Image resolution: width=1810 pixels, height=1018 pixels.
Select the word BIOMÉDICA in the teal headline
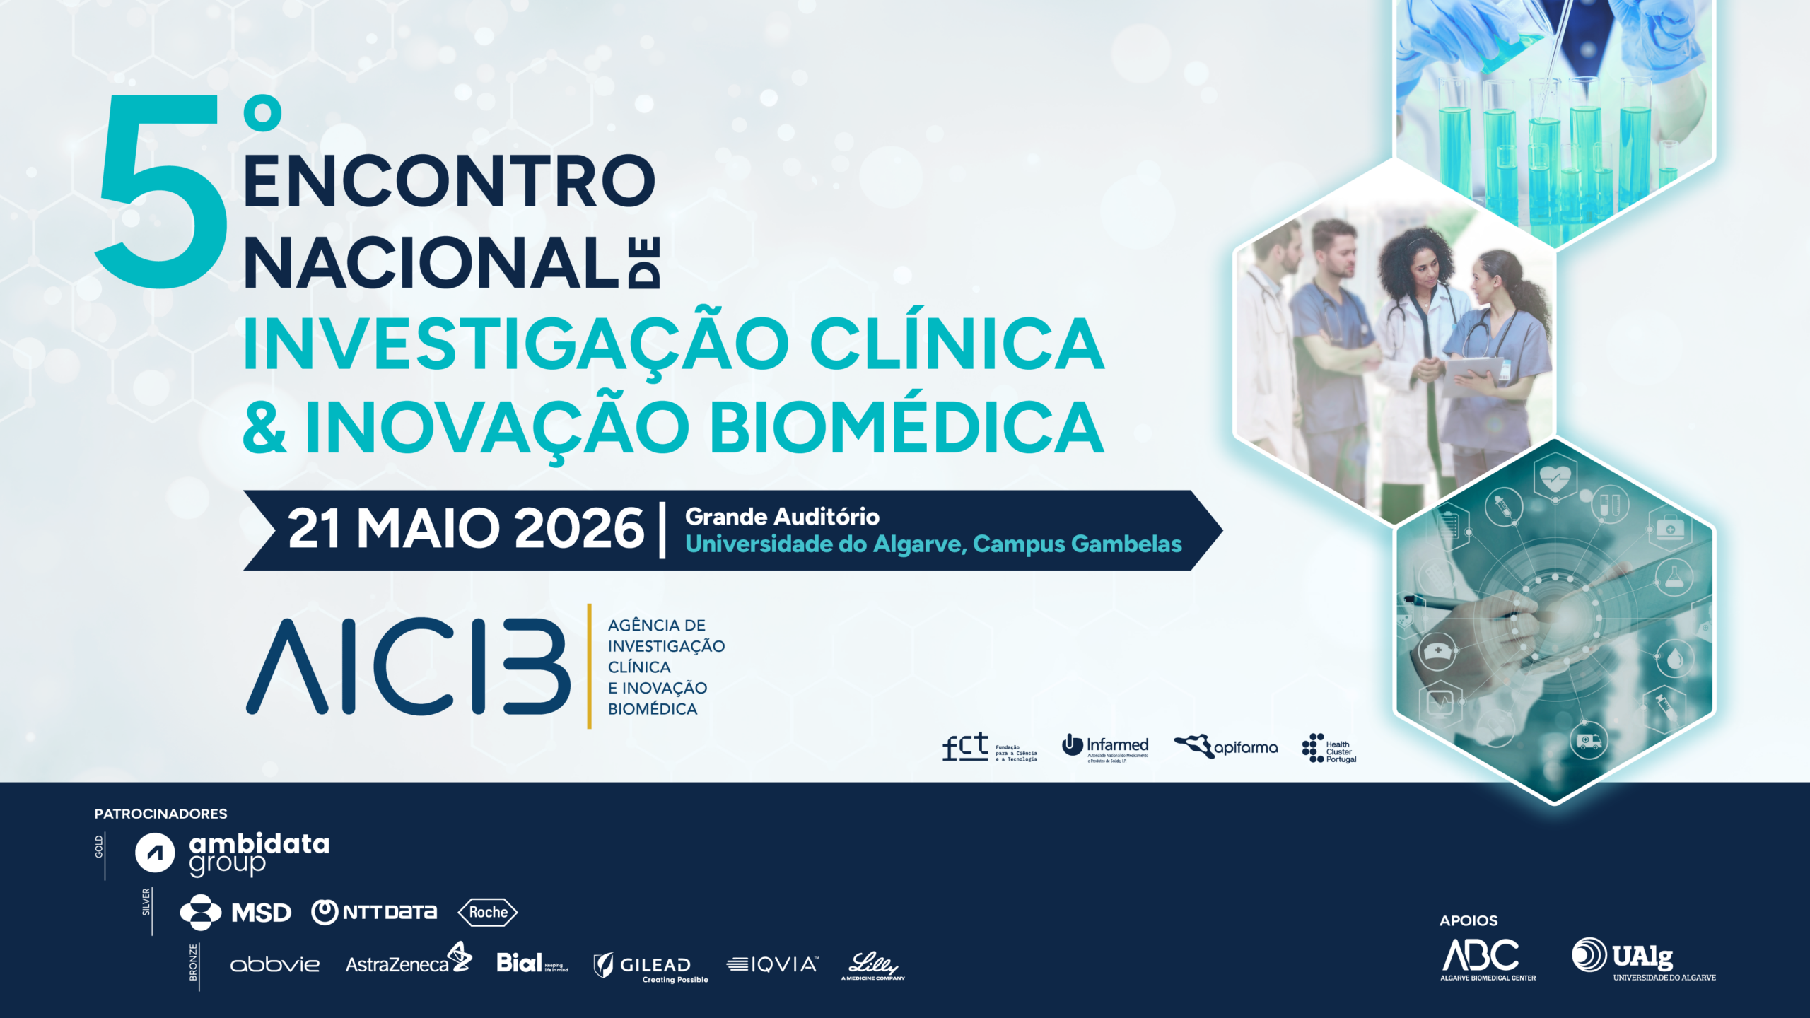tap(906, 427)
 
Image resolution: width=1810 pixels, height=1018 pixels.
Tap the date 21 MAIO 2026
tap(465, 529)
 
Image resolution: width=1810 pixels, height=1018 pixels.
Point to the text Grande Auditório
tap(782, 517)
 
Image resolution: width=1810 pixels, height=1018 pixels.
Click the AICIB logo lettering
tap(408, 666)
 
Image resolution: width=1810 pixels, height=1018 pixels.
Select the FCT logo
tap(989, 747)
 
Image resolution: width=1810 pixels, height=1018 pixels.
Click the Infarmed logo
tap(1105, 748)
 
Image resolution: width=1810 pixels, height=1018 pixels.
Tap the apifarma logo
tap(1226, 747)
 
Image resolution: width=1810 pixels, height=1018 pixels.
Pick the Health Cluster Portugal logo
tap(1329, 749)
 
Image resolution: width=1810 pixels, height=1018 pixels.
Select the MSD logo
tap(236, 913)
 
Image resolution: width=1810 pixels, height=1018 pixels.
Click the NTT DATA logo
tap(374, 913)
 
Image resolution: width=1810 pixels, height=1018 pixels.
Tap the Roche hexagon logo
tap(488, 913)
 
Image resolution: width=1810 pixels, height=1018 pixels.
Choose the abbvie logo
tap(275, 965)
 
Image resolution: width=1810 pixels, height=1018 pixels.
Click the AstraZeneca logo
tap(408, 961)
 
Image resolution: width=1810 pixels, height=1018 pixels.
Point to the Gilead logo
tap(650, 966)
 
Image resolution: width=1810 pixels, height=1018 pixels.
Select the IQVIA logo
tap(772, 964)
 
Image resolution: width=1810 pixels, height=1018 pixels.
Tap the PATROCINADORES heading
tap(160, 814)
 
